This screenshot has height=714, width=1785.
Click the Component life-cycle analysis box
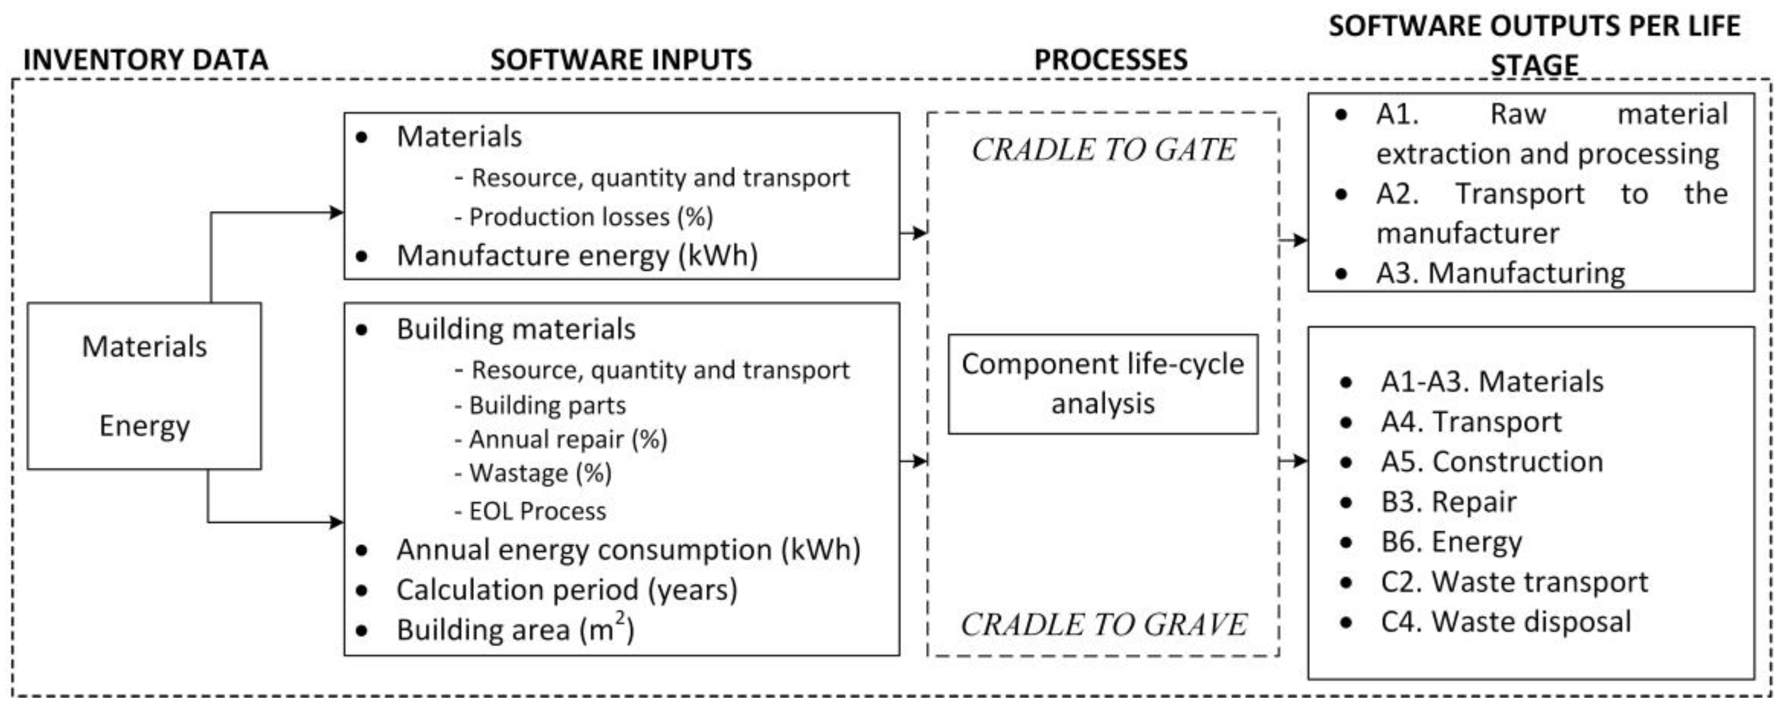(x=1102, y=384)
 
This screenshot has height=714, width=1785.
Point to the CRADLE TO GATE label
(x=1103, y=150)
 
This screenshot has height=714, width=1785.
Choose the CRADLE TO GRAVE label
(x=1103, y=624)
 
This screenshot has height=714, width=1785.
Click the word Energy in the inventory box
(x=144, y=426)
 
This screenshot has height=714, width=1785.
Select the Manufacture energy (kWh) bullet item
(x=576, y=256)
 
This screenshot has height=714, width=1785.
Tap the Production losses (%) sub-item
(x=591, y=217)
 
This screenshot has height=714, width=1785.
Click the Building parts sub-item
(x=547, y=405)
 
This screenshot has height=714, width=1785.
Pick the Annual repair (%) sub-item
(x=568, y=439)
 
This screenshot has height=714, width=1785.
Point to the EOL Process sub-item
(x=538, y=512)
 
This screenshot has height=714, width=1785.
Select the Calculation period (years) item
(x=567, y=590)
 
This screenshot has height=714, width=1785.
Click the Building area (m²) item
(x=515, y=630)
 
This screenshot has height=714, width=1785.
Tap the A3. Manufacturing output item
(x=1500, y=273)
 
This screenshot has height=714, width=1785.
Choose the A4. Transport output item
(x=1471, y=422)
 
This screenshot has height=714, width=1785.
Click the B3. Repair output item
(x=1448, y=502)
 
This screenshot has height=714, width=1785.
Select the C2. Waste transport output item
(x=1514, y=582)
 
